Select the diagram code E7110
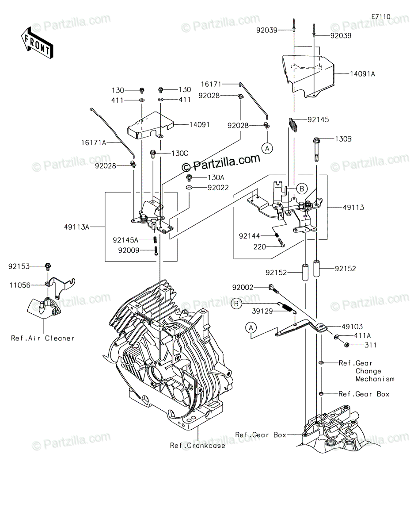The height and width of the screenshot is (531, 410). [381, 16]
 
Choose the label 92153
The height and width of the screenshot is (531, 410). [19, 266]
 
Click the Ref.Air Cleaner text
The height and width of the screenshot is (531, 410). [43, 339]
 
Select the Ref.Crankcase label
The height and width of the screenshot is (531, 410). [197, 446]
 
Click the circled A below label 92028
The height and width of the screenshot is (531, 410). [268, 149]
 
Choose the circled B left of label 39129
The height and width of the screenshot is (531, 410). [237, 304]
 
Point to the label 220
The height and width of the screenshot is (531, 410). [260, 246]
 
